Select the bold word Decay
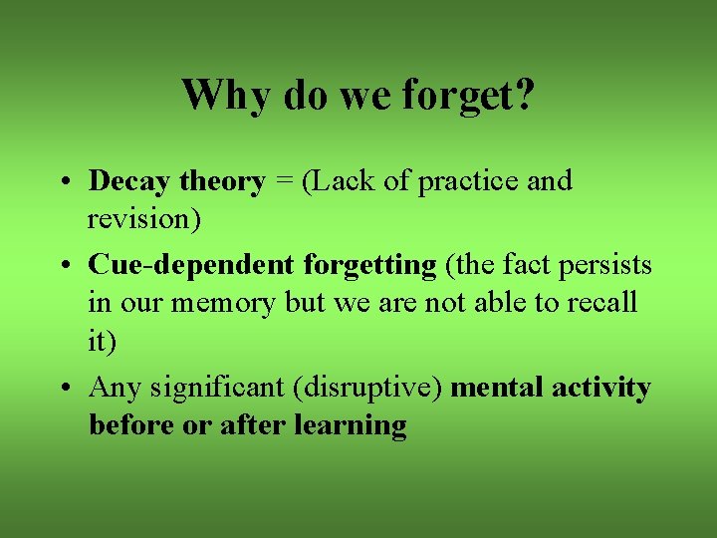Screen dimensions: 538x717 click(x=129, y=181)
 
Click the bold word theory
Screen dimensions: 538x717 click(x=222, y=181)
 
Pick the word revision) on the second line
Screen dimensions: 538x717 click(x=144, y=218)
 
